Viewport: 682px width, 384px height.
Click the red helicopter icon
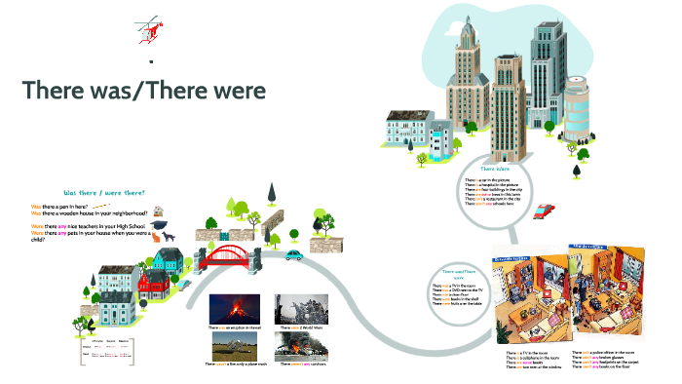click(x=147, y=30)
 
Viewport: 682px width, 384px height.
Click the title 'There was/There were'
click(x=143, y=90)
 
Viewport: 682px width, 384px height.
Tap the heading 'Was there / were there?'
click(x=103, y=192)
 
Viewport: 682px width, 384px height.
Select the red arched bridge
click(x=231, y=255)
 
